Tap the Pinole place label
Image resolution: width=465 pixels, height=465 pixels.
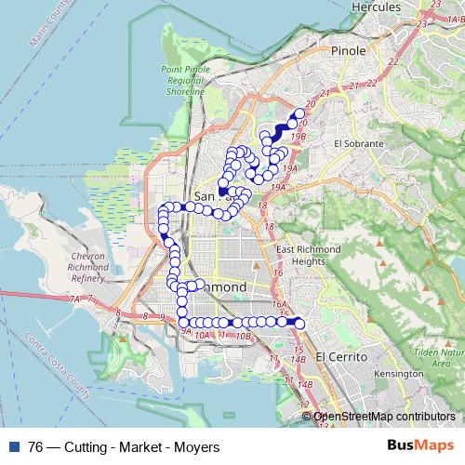click(349, 51)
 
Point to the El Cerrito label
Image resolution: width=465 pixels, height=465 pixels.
click(339, 356)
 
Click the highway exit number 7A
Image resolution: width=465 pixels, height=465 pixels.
click(75, 299)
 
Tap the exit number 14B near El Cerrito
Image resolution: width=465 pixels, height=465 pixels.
click(299, 358)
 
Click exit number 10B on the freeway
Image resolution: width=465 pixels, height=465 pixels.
click(243, 337)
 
